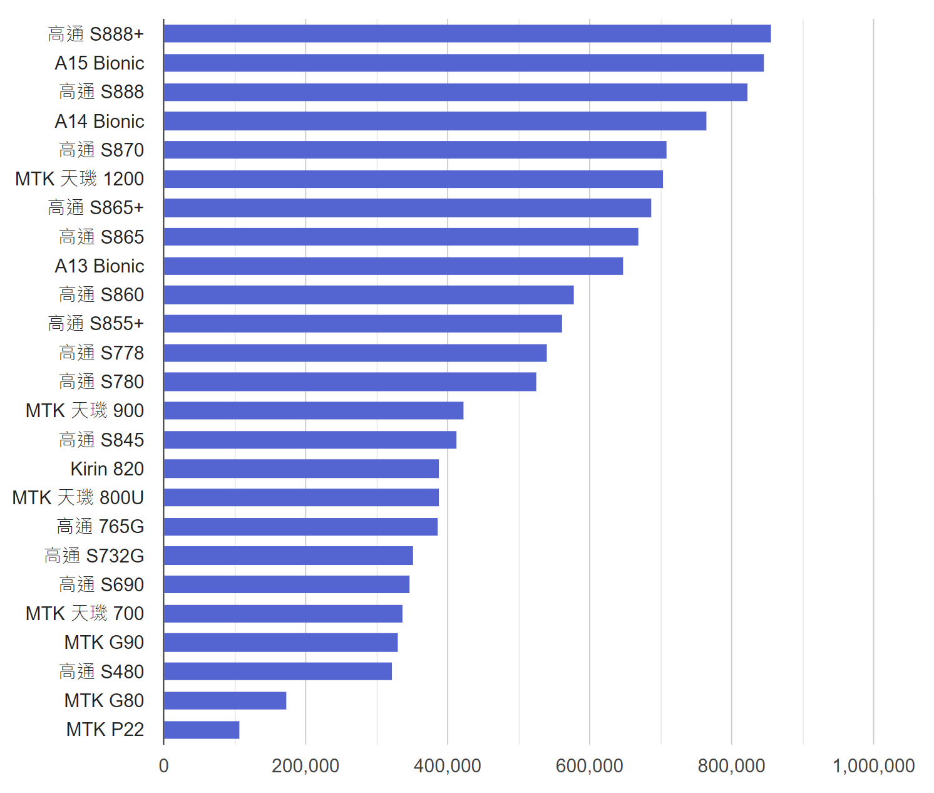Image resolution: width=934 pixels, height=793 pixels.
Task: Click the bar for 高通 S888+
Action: click(x=467, y=34)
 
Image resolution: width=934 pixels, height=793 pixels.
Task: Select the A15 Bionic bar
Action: click(x=463, y=63)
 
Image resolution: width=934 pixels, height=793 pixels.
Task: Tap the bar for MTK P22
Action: click(x=202, y=730)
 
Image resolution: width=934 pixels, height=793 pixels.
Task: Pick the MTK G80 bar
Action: click(x=225, y=700)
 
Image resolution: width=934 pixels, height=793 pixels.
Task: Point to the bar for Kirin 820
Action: click(x=301, y=469)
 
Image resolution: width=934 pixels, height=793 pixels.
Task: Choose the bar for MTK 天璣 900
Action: click(x=314, y=410)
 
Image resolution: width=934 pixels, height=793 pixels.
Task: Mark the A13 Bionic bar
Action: click(x=393, y=266)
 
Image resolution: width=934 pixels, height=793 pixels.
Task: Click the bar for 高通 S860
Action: click(x=369, y=294)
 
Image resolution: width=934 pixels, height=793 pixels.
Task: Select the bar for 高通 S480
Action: click(x=278, y=671)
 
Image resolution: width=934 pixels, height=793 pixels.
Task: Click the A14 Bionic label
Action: click(x=100, y=121)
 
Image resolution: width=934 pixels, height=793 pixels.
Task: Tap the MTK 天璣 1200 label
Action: click(x=80, y=179)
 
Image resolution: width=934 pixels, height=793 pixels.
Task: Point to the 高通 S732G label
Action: click(x=94, y=556)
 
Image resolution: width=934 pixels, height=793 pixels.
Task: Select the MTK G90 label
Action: click(x=104, y=643)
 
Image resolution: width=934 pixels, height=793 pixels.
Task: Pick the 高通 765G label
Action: click(x=100, y=527)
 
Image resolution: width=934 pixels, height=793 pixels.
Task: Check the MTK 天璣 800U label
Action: click(x=78, y=497)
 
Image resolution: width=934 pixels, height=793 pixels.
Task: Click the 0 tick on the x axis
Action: click(x=164, y=765)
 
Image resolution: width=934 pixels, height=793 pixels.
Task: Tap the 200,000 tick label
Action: click(x=305, y=765)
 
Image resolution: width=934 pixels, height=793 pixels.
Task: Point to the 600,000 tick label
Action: click(x=589, y=765)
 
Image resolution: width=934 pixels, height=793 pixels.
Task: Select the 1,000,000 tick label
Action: click(x=873, y=765)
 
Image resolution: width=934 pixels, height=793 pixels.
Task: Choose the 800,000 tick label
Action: click(x=731, y=765)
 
